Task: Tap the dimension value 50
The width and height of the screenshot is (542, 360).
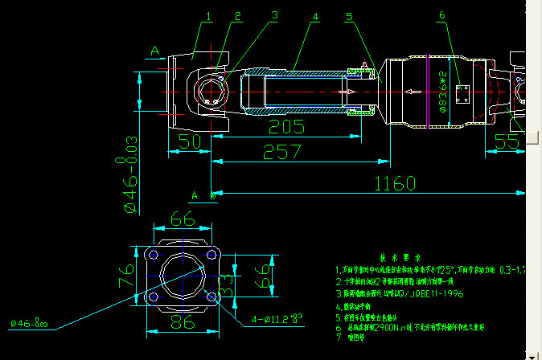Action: tap(189, 142)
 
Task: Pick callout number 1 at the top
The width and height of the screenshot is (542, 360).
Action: tap(209, 16)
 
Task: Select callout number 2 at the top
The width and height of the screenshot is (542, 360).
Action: tap(238, 16)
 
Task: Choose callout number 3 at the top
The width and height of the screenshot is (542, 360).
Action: tap(274, 15)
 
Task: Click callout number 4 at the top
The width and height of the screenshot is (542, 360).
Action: tap(315, 16)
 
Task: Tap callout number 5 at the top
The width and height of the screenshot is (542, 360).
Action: tap(349, 16)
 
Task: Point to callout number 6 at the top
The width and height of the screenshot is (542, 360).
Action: tap(441, 15)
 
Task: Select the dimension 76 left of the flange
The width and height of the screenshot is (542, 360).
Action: tap(126, 277)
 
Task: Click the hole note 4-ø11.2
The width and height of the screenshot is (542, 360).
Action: tap(276, 319)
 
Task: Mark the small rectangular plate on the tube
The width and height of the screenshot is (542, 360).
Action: tap(462, 94)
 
